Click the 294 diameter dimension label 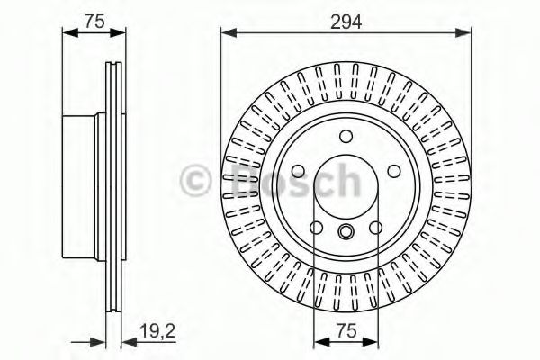[x=346, y=22]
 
